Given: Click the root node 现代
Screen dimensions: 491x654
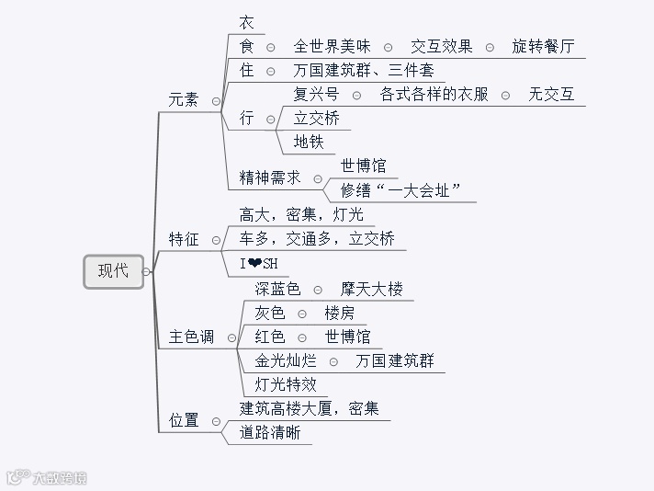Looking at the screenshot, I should (114, 271).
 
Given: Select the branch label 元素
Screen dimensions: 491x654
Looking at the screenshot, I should (184, 100).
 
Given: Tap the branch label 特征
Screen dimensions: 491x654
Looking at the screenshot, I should (184, 239).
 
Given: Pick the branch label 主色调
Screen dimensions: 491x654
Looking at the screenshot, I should (191, 337).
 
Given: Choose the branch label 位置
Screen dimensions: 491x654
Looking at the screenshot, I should (184, 420).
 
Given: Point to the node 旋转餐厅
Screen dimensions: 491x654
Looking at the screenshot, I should (544, 46).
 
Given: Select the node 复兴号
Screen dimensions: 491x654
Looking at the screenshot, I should (316, 94).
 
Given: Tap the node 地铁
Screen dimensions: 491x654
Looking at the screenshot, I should (309, 142).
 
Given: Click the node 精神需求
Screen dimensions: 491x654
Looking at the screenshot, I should (270, 177).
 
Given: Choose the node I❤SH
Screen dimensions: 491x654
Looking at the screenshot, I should (259, 265).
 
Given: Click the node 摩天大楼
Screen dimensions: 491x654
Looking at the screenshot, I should (372, 289).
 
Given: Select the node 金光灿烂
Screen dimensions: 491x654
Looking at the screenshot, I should (286, 360).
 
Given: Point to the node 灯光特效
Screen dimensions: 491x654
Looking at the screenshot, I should (286, 384).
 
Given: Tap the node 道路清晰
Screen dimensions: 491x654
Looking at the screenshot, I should (270, 432).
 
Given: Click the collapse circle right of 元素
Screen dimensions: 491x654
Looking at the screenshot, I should (216, 101).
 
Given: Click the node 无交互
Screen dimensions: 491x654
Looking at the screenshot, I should (551, 94).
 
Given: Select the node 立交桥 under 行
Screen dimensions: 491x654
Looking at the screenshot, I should (316, 118).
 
